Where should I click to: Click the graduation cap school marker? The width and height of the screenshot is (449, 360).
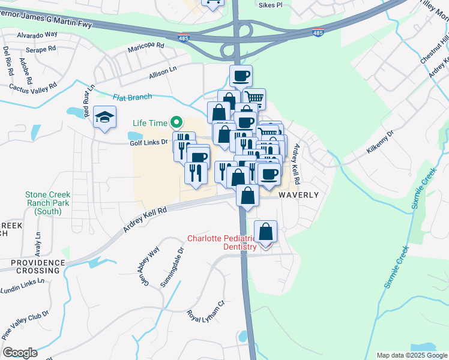coord(104,118)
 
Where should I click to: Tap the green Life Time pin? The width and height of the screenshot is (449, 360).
coord(176,122)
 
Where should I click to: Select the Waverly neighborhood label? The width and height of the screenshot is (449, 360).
coord(297,195)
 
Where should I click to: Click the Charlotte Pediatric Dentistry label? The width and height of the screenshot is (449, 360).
coord(222,242)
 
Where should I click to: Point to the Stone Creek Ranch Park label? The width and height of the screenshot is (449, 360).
coord(47,203)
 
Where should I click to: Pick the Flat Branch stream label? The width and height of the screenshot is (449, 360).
coord(133,97)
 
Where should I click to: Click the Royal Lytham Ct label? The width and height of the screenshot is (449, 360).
coord(205,313)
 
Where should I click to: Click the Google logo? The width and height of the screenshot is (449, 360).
coord(20,353)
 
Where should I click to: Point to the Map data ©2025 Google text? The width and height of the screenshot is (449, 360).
coord(411,355)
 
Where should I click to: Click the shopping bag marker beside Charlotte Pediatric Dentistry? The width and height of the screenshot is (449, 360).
coord(265,232)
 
